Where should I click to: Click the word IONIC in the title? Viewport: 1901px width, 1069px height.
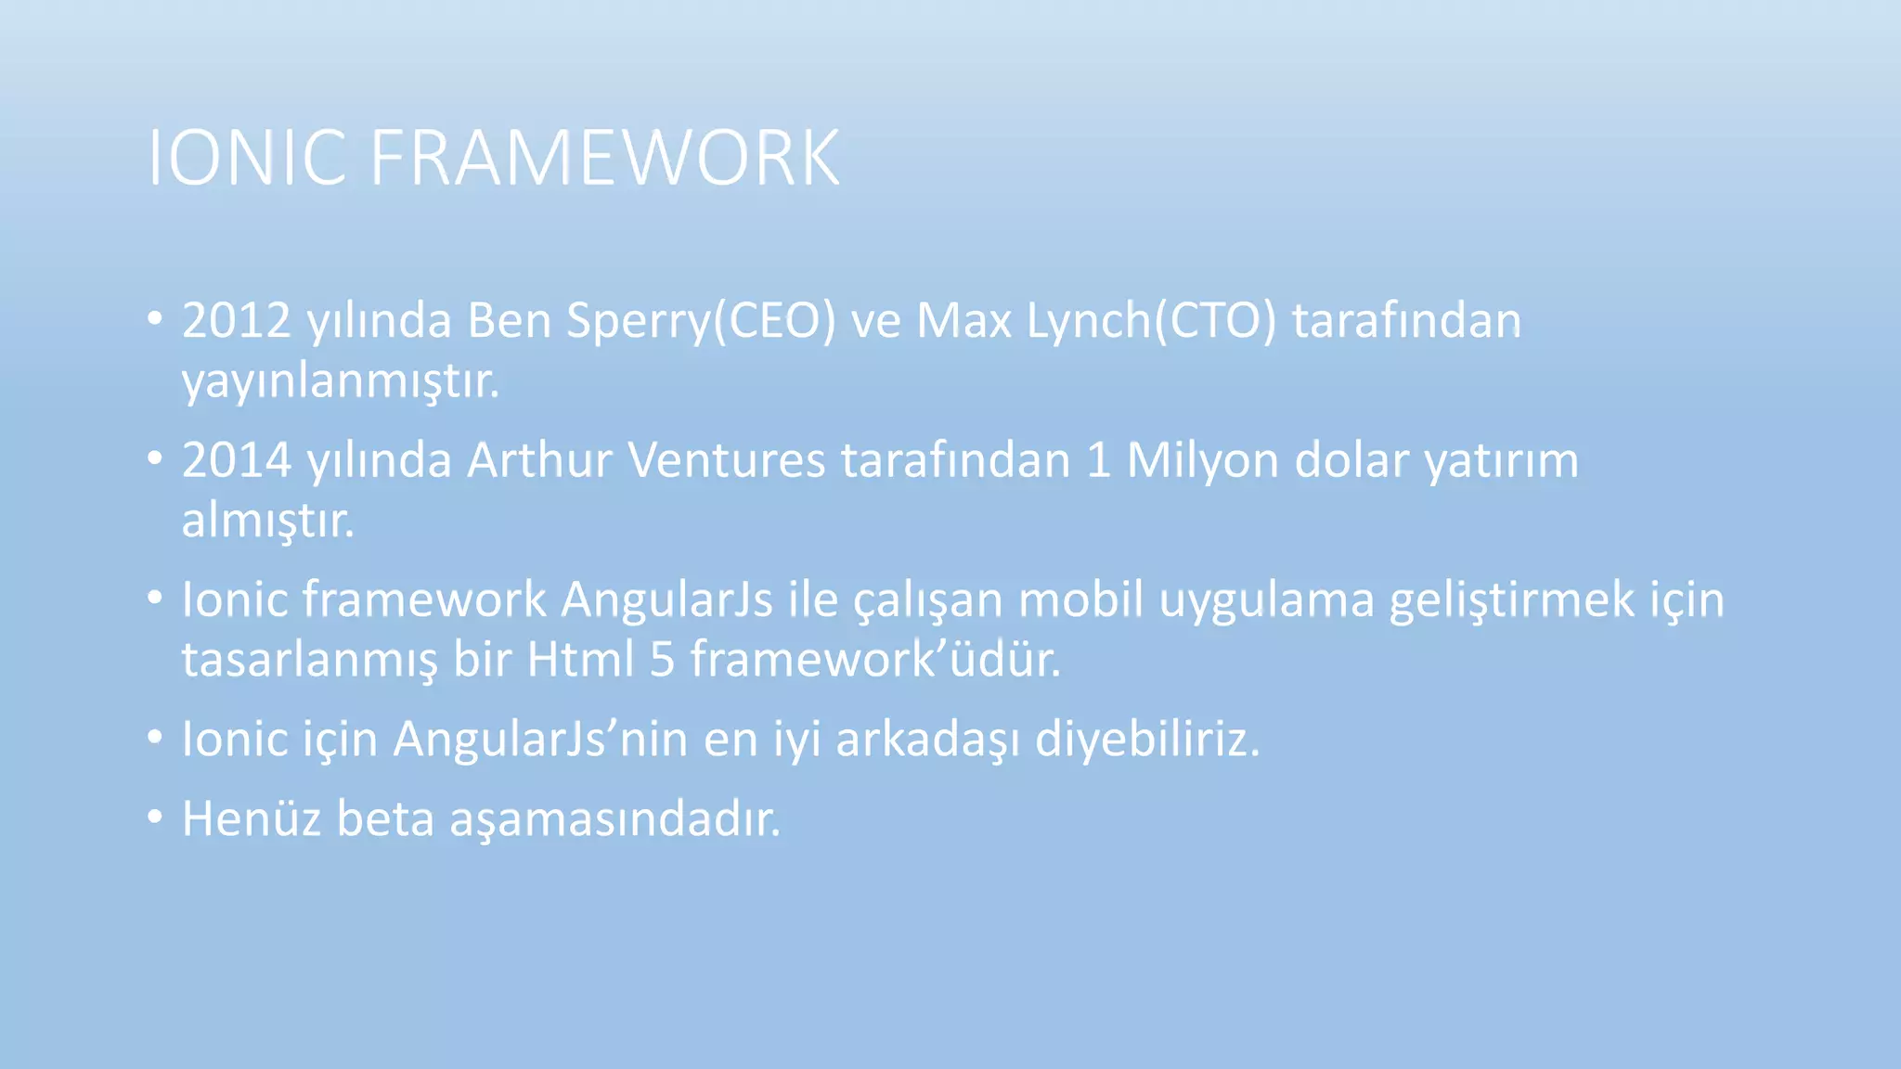tap(247, 158)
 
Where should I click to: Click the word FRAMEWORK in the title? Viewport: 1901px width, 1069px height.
tap(604, 158)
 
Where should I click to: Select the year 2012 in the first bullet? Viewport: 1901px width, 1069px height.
tap(237, 320)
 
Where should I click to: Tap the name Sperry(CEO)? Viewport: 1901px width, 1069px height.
tap(701, 322)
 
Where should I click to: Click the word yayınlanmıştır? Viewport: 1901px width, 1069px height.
tap(340, 381)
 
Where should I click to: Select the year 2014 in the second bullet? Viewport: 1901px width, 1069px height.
tap(237, 460)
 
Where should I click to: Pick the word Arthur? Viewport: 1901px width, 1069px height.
tap(539, 460)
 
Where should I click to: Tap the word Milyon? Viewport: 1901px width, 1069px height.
tap(1203, 460)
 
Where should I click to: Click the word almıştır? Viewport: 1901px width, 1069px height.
tap(267, 521)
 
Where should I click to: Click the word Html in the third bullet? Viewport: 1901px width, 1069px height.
tap(580, 660)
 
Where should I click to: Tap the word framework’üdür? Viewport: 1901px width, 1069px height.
tap(874, 660)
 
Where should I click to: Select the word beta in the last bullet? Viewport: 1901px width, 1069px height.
tap(385, 819)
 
